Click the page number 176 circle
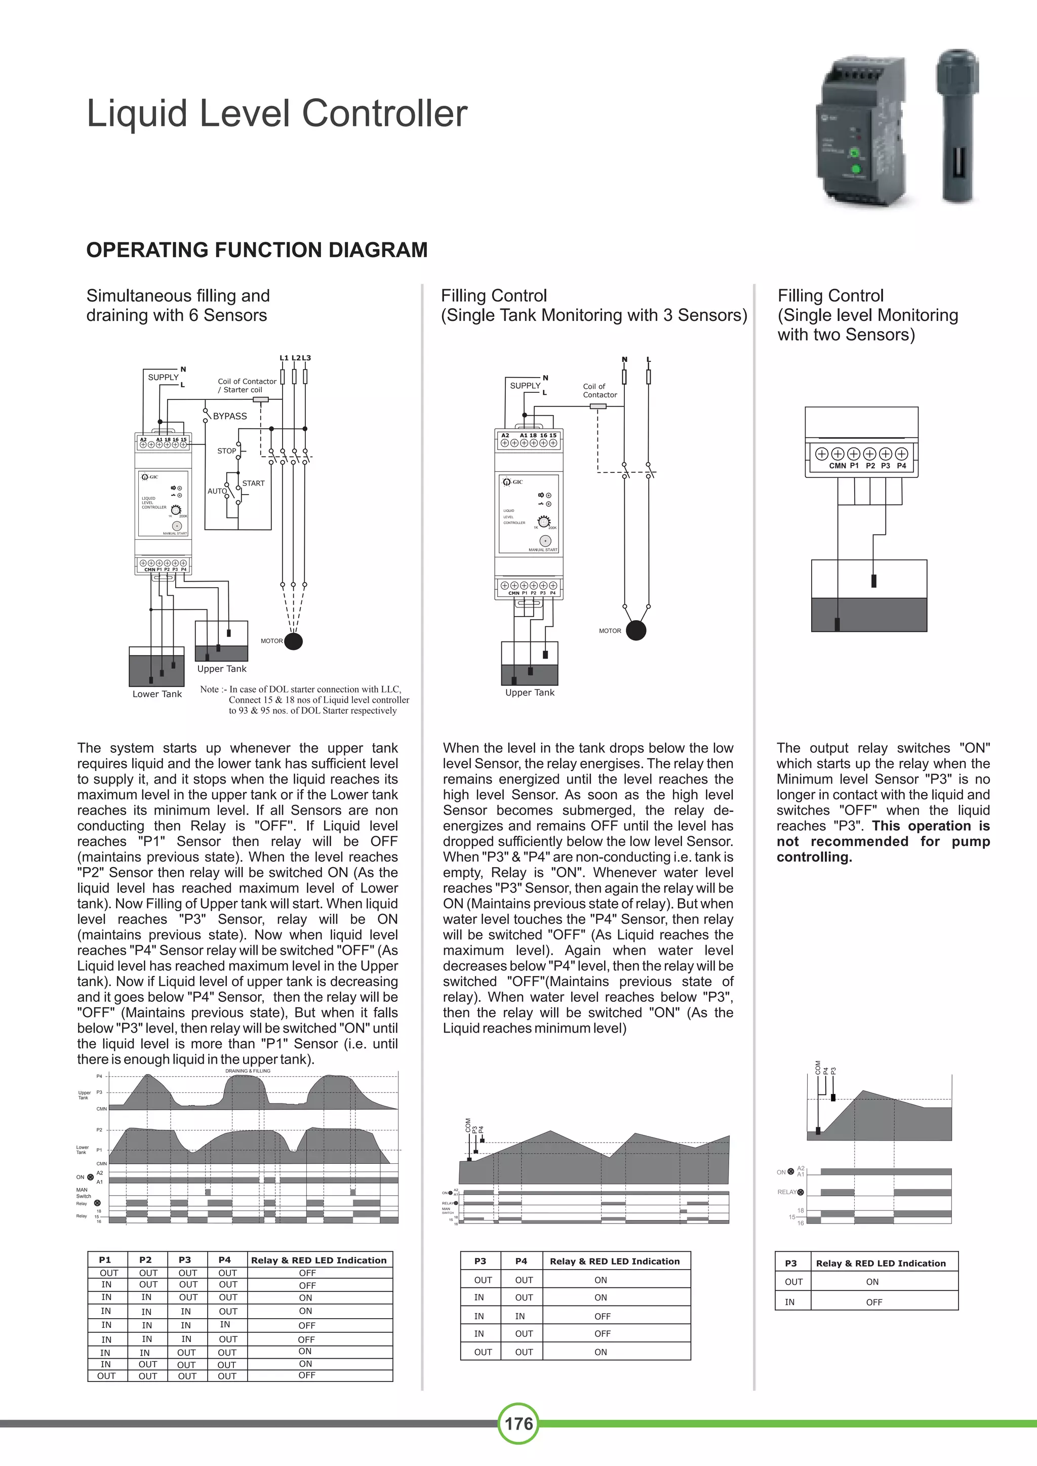click(518, 1423)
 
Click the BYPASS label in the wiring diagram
click(230, 416)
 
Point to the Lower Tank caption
click(157, 694)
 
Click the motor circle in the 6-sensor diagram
click(293, 640)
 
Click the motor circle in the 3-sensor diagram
click(636, 630)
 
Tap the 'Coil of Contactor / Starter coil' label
click(247, 386)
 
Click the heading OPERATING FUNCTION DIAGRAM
click(257, 250)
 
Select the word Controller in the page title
click(384, 114)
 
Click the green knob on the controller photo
click(853, 153)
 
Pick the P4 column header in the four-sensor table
click(225, 1260)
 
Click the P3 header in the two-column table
click(480, 1261)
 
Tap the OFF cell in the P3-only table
click(873, 1302)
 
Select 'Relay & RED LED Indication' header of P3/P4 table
click(614, 1261)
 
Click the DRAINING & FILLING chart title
click(248, 1071)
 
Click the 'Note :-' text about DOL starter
click(213, 689)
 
